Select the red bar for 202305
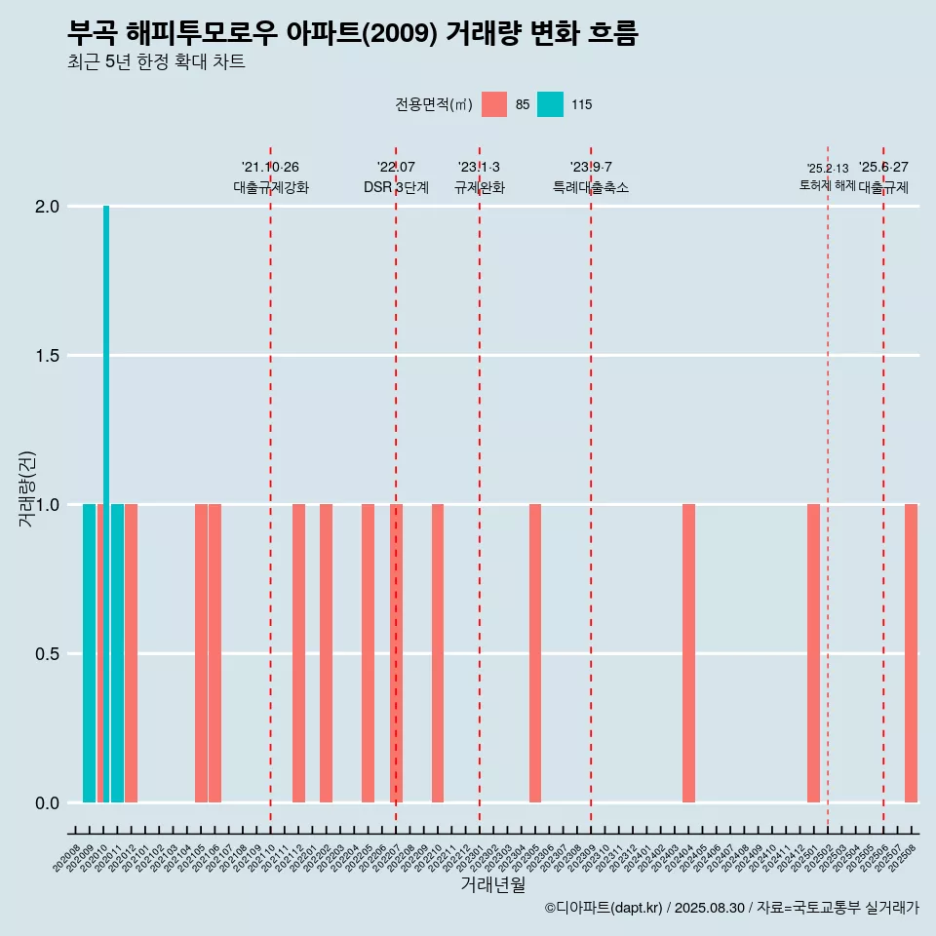point(535,653)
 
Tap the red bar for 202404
point(688,653)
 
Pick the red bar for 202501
point(813,653)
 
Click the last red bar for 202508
point(911,653)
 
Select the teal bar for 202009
point(89,653)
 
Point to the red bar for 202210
point(438,653)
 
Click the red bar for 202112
point(298,653)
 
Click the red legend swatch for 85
point(494,104)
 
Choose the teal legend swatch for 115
point(550,104)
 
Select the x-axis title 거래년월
point(492,885)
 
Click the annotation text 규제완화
point(480,188)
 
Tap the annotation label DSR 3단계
point(396,188)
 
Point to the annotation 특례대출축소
point(591,188)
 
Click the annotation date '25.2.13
point(828,169)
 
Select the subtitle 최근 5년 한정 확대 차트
point(156,62)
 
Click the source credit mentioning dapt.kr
point(731,909)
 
